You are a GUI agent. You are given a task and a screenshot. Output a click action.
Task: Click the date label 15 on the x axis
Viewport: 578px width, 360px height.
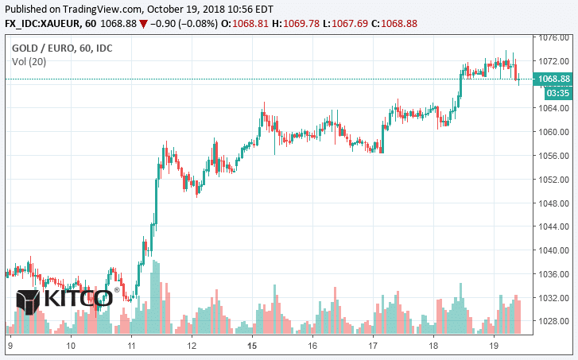click(252, 346)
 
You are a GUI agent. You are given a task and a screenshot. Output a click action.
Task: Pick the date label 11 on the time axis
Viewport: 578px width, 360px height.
click(131, 346)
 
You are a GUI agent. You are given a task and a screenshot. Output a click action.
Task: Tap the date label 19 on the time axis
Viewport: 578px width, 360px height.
click(493, 346)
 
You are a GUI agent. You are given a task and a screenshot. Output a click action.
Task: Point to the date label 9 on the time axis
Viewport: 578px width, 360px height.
click(10, 346)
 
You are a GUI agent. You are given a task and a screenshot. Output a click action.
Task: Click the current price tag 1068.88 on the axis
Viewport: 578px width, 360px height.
click(555, 79)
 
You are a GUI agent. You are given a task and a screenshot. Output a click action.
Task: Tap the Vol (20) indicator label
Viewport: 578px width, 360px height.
click(29, 62)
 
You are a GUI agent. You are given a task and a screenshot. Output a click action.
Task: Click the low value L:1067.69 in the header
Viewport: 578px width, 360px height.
click(353, 23)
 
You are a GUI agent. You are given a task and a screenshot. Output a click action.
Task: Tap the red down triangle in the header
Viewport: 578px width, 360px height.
click(142, 23)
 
